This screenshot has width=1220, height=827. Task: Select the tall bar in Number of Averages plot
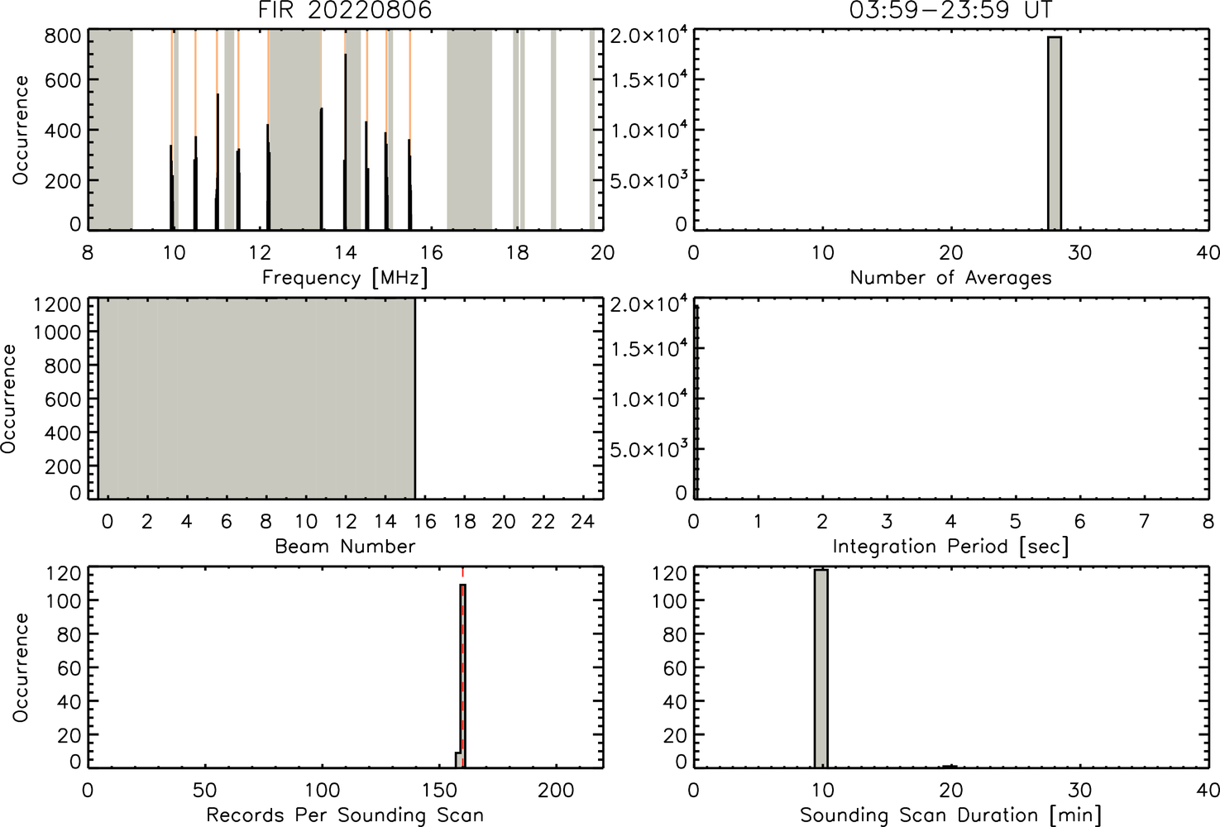coord(1055,133)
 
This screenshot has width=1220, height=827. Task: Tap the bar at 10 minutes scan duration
coord(821,668)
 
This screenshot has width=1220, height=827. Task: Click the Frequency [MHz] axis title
coord(345,278)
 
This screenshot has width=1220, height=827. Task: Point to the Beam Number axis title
coord(345,546)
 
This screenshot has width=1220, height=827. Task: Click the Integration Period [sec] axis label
coord(950,547)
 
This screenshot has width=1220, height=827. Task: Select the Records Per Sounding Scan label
coord(345,815)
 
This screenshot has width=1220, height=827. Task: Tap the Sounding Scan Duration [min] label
coord(950,815)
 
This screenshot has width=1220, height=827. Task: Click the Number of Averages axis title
coord(950,278)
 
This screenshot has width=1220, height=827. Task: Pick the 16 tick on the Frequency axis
coord(432,252)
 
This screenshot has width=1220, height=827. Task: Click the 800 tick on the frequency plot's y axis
coord(62,36)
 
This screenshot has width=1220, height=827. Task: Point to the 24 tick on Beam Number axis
coord(583,522)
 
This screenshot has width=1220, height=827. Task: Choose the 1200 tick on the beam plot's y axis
coord(57,304)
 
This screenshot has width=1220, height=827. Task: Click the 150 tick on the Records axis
coord(439,790)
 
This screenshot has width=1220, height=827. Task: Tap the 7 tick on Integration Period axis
coord(1144,522)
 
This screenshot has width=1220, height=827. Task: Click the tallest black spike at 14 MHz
coord(345,141)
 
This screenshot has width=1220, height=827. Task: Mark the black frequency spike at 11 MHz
coord(218,162)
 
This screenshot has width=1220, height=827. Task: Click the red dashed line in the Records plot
coord(463,668)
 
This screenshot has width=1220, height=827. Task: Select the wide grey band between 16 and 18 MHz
coord(470,130)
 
